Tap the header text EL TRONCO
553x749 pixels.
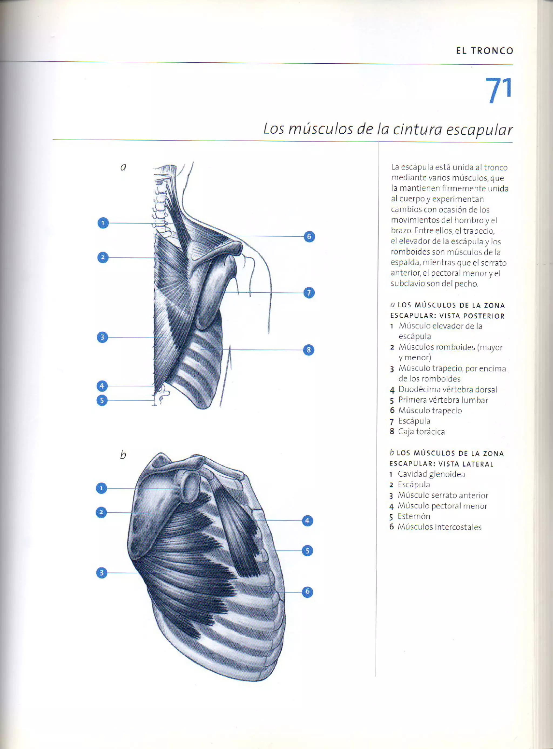484,51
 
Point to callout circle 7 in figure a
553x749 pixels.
309,293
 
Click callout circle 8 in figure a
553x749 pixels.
309,350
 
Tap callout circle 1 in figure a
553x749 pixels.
103,223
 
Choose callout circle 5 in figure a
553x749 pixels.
102,400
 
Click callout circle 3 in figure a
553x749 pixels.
102,337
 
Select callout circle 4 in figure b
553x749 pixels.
307,521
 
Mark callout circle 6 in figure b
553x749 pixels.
307,592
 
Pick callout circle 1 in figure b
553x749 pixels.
102,488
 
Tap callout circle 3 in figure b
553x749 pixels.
102,573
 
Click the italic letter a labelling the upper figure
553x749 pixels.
123,167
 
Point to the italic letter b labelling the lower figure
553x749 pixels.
123,455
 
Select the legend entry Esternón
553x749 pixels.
414,516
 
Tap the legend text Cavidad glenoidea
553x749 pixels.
431,474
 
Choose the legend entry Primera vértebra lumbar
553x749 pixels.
443,400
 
